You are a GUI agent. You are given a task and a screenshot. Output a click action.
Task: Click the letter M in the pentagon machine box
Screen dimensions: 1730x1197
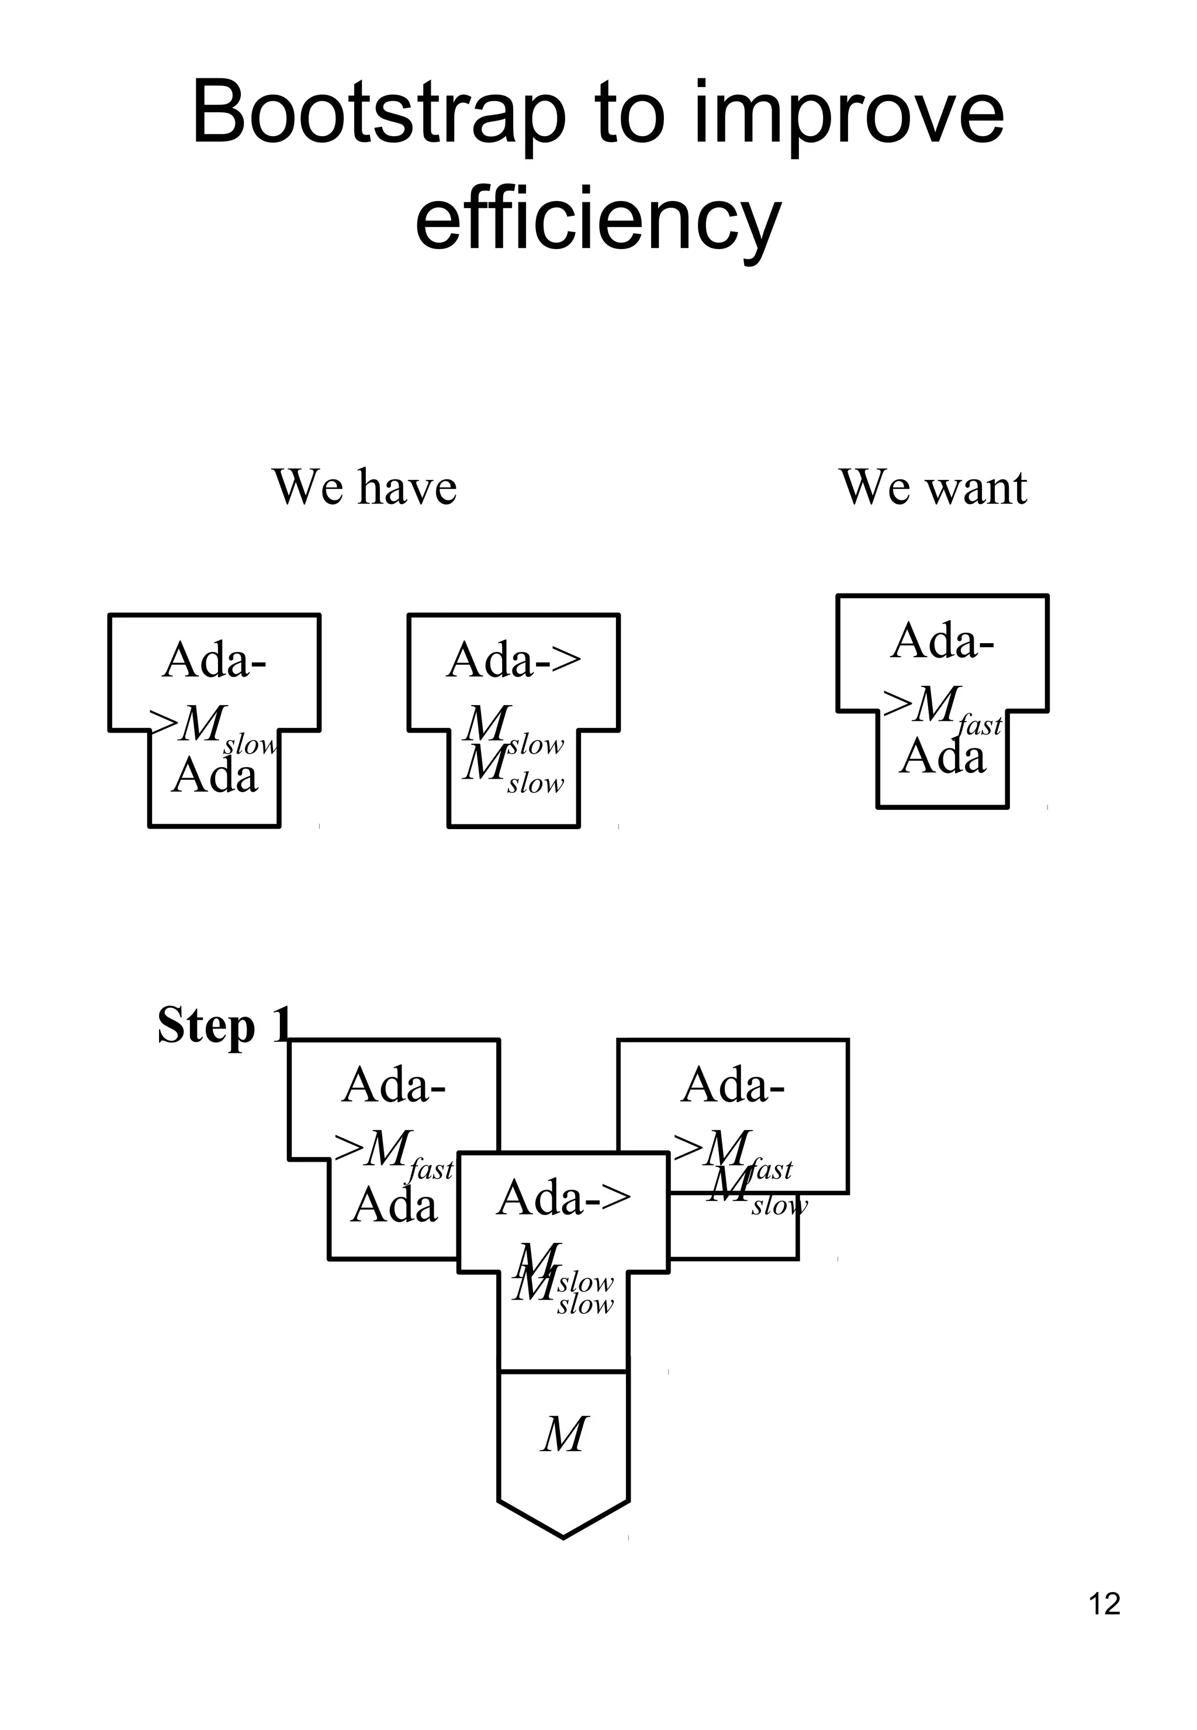coord(564,1435)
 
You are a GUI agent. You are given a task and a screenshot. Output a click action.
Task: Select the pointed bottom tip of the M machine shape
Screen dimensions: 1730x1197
coord(563,1536)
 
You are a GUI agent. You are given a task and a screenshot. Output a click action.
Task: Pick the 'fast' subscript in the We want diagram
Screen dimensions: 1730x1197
coord(980,726)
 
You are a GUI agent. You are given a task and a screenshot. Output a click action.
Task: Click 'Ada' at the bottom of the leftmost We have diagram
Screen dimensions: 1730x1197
coord(215,775)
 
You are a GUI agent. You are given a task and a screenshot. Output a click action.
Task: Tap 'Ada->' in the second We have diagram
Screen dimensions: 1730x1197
coord(514,660)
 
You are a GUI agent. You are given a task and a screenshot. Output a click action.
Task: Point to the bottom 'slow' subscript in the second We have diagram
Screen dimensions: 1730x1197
coord(535,783)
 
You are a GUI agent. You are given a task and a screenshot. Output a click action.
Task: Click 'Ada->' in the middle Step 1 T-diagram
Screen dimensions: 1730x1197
coord(563,1197)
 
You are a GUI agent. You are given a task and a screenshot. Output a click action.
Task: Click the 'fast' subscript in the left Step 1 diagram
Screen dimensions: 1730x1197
coord(431,1169)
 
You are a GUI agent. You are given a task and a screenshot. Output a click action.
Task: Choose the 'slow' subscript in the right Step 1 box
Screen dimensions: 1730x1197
coord(779,1206)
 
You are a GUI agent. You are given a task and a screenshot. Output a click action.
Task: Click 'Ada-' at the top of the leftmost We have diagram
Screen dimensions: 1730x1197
coord(215,660)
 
